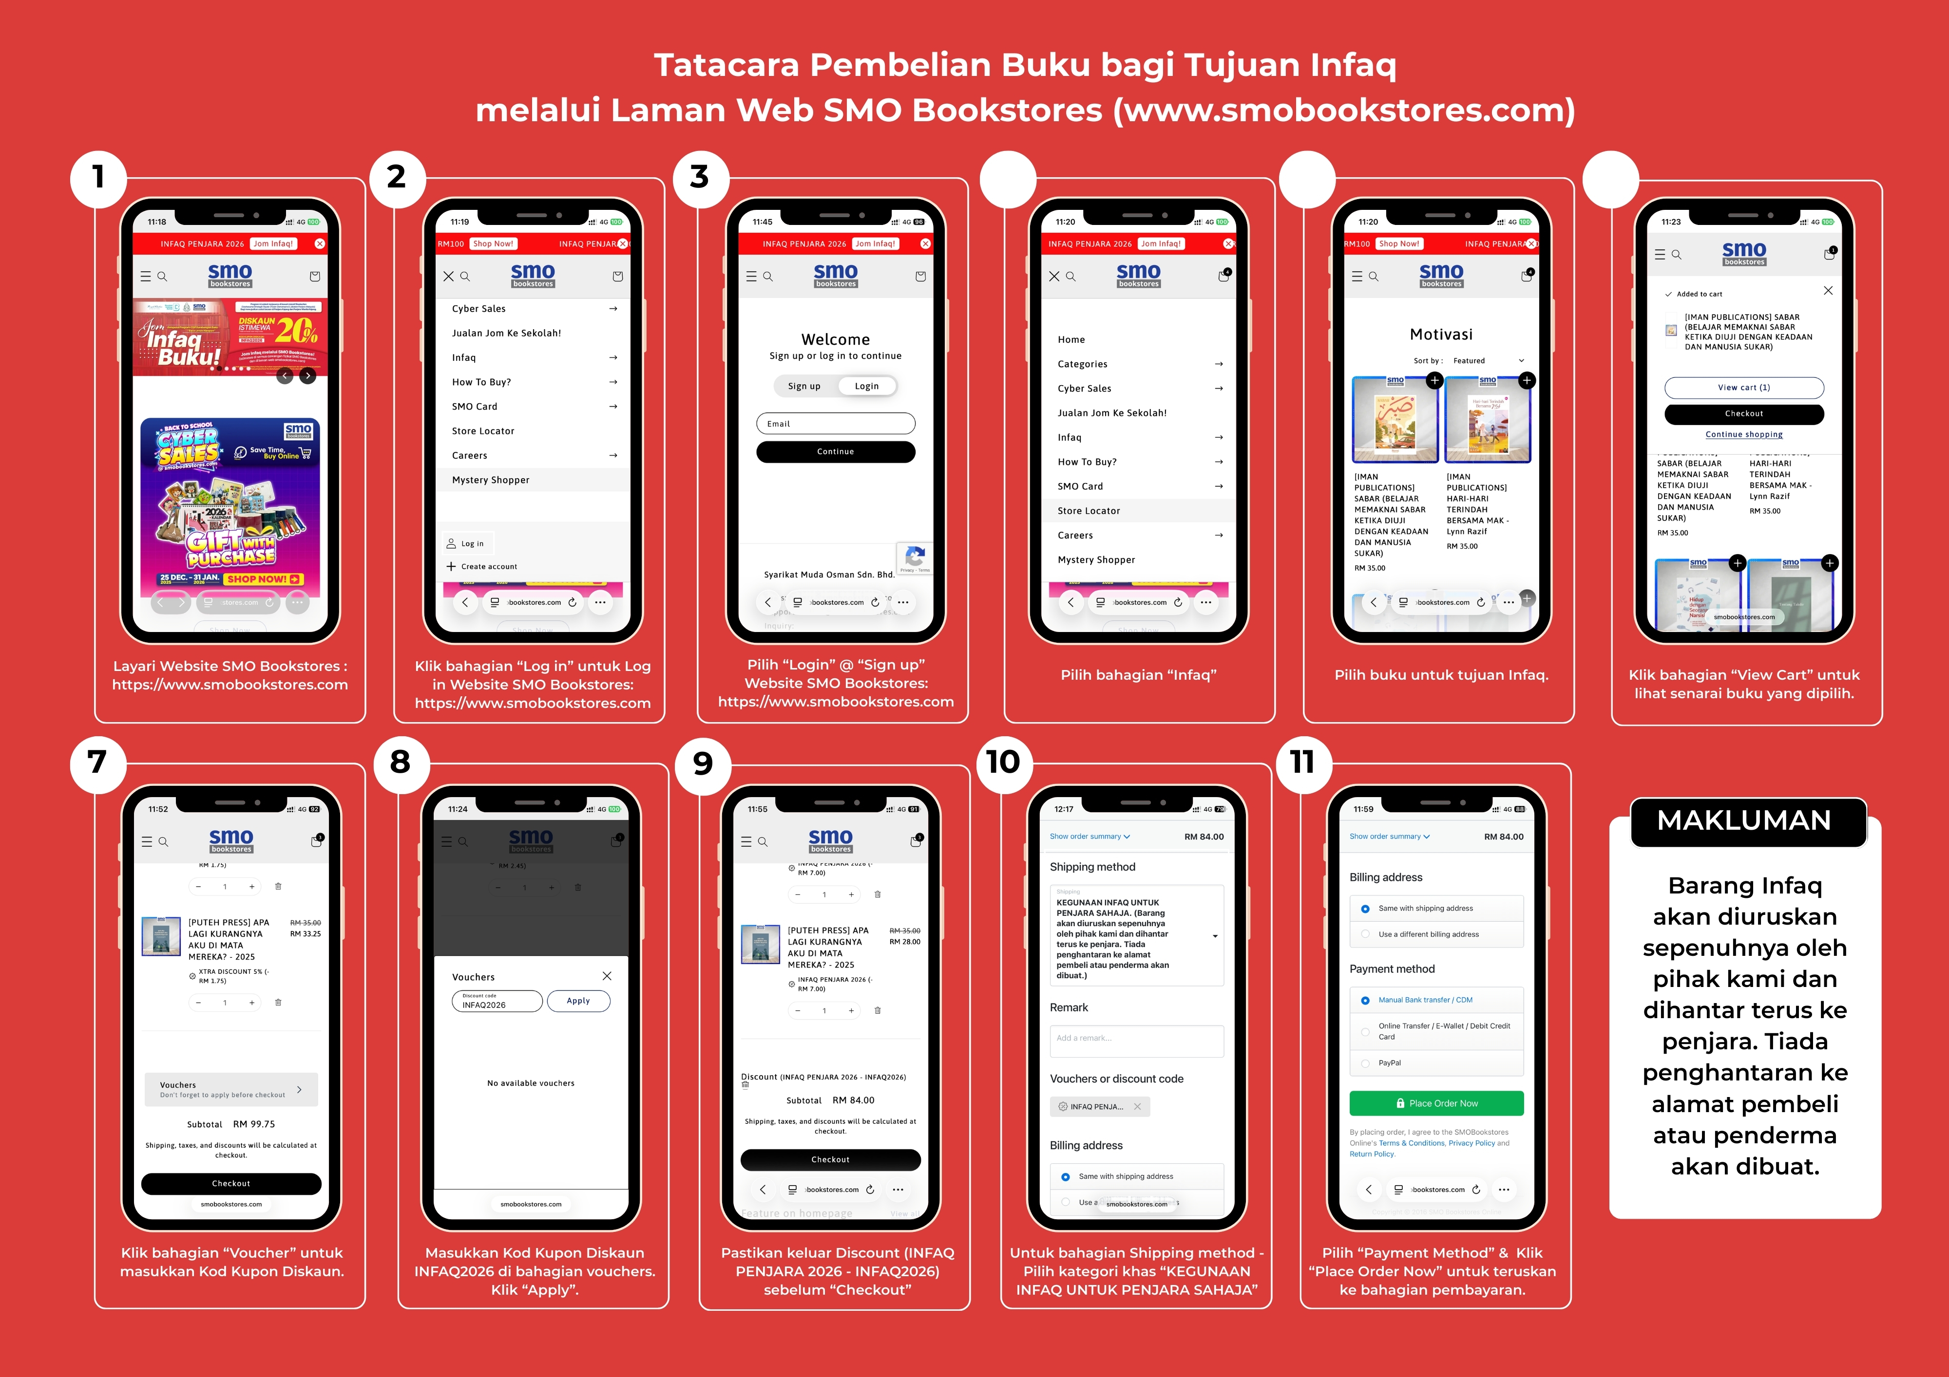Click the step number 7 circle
click(x=97, y=763)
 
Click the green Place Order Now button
click(x=1436, y=1103)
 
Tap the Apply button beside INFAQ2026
click(x=578, y=1001)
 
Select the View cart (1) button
click(x=1743, y=388)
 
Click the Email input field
click(x=835, y=423)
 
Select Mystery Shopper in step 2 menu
click(x=491, y=480)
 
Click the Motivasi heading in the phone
click(x=1440, y=335)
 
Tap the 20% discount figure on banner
click(x=296, y=330)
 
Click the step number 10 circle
click(x=1003, y=763)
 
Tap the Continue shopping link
click(x=1743, y=434)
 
